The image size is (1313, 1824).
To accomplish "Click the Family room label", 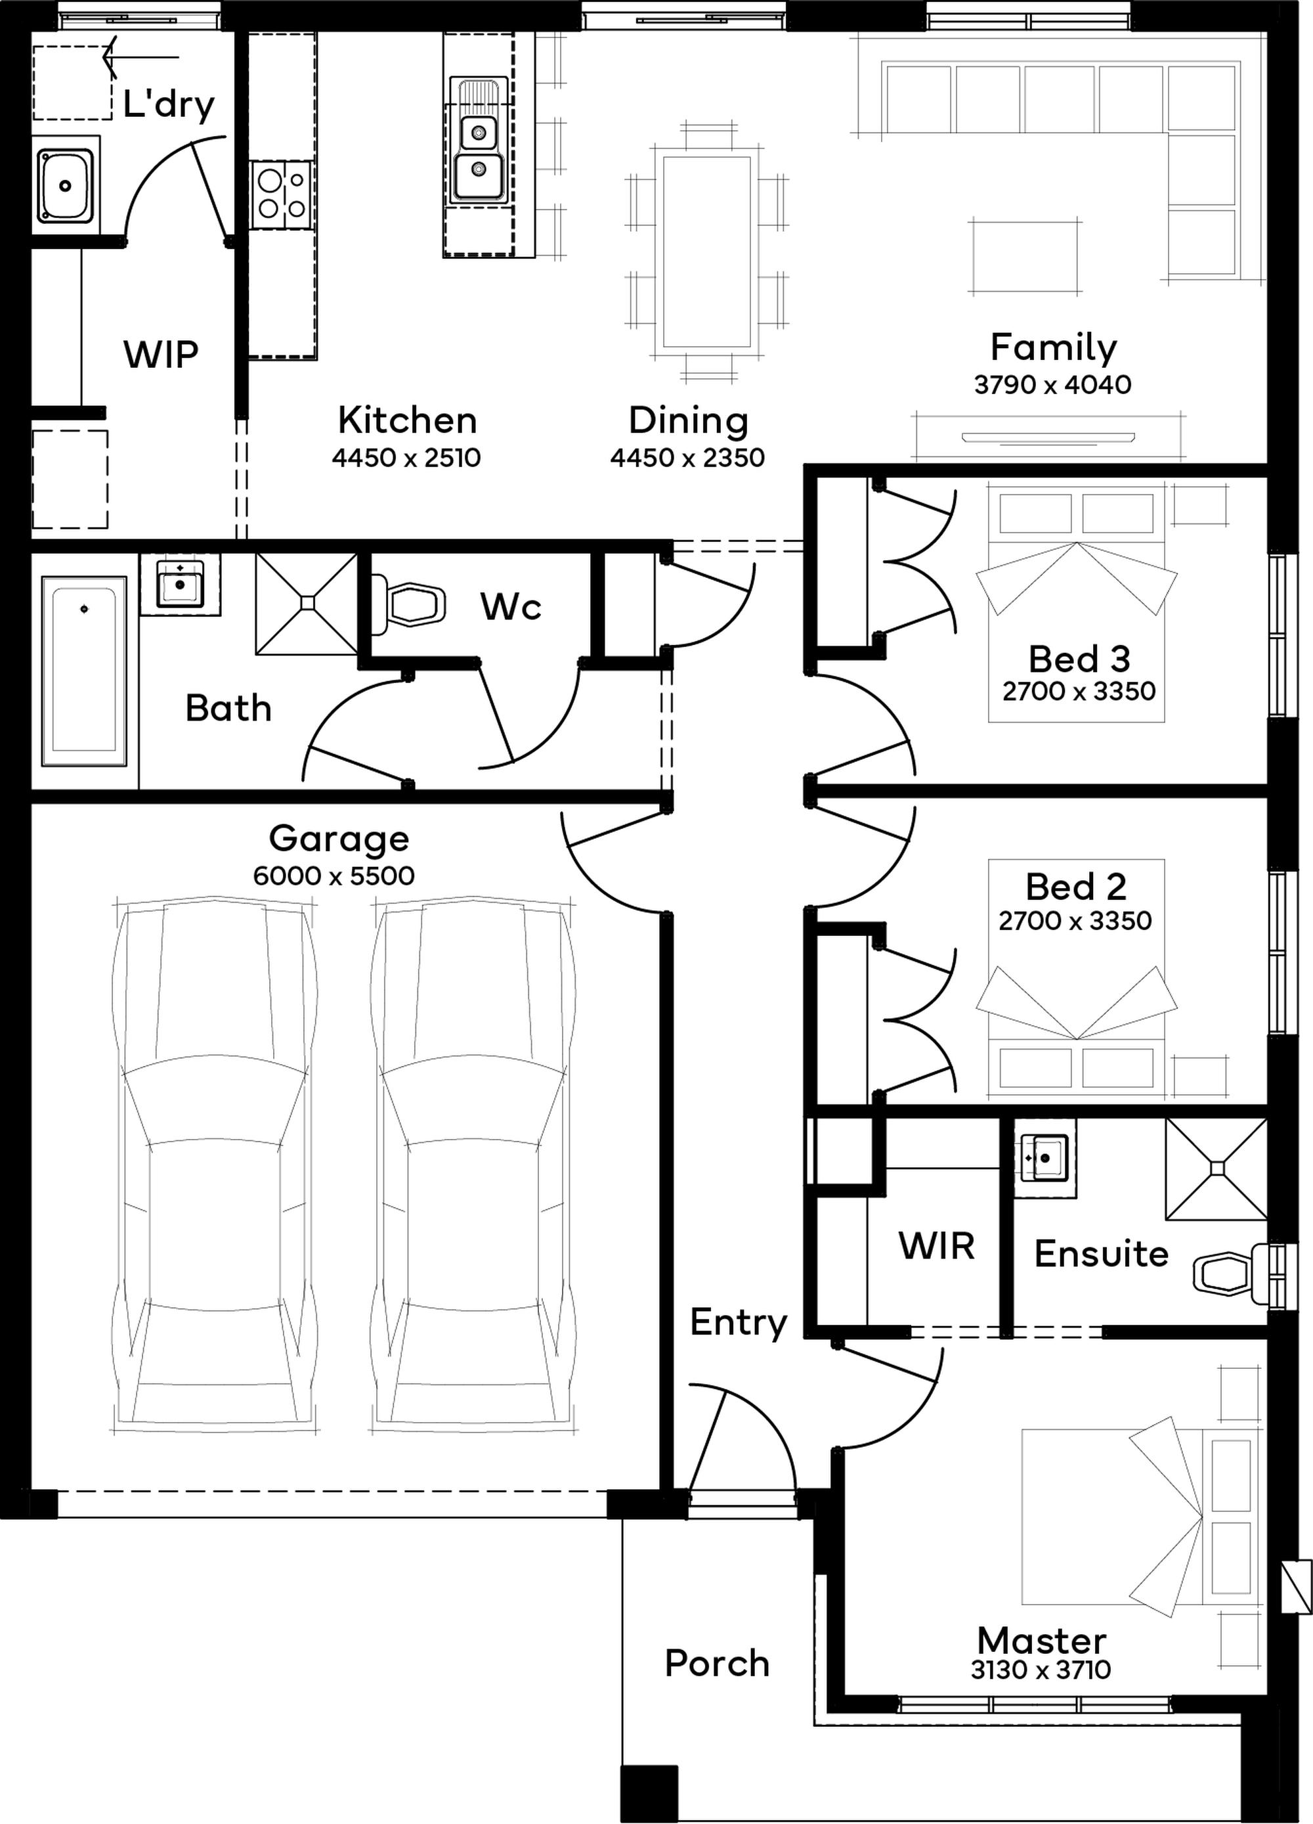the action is coord(1053,347).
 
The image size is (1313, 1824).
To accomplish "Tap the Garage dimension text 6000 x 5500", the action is coord(334,875).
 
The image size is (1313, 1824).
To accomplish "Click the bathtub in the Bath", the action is coord(83,671).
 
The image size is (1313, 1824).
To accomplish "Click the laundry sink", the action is coord(66,186).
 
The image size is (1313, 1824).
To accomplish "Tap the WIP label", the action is coord(161,354).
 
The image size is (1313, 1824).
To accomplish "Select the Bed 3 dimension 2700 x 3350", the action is coord(1079,691).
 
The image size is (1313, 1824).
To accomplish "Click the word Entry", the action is coord(738,1323).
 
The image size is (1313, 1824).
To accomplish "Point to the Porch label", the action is coord(717,1663).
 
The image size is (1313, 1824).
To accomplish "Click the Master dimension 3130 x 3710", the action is coord(1041,1670).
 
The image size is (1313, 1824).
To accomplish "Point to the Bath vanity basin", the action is coord(180,584).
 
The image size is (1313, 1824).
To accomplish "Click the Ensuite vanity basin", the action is coord(1044,1157).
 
